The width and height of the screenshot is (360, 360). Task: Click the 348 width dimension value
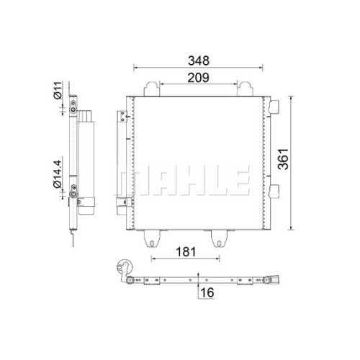(199, 60)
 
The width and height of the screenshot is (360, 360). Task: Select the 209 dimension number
(198, 78)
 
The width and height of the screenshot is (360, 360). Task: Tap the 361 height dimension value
(283, 159)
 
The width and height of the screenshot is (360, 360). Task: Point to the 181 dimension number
(186, 252)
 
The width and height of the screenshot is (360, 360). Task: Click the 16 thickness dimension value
(207, 292)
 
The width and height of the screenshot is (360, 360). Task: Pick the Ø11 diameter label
(58, 91)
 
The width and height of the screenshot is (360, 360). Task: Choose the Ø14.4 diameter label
(58, 174)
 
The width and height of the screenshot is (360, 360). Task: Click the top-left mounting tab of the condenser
(152, 89)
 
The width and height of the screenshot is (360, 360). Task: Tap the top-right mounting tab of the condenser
(245, 89)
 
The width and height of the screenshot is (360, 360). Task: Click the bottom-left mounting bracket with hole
(152, 238)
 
